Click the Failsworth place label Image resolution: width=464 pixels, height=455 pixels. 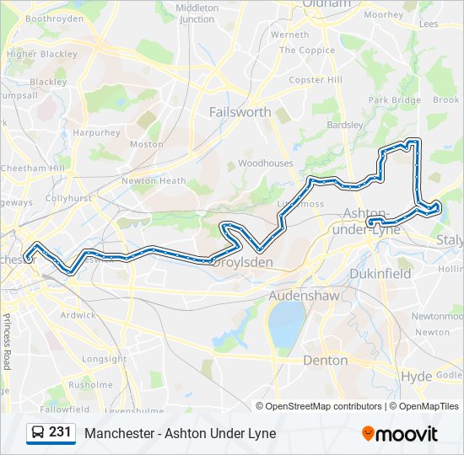click(x=240, y=111)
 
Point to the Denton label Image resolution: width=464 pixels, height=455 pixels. click(x=325, y=360)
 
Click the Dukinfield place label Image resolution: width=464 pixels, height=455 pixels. click(x=380, y=274)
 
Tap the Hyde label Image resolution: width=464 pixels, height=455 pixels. click(x=416, y=376)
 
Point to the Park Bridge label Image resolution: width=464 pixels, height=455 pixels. click(x=394, y=100)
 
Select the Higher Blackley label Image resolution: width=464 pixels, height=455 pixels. click(x=41, y=54)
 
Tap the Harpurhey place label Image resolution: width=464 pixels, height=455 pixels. click(x=96, y=132)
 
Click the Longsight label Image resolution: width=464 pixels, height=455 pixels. click(x=104, y=359)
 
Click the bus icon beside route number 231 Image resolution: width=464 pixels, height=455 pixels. click(x=38, y=433)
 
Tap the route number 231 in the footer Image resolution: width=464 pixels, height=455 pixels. click(x=60, y=432)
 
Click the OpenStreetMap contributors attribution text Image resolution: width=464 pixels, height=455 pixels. click(x=323, y=406)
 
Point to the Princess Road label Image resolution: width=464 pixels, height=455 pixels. click(x=6, y=341)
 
